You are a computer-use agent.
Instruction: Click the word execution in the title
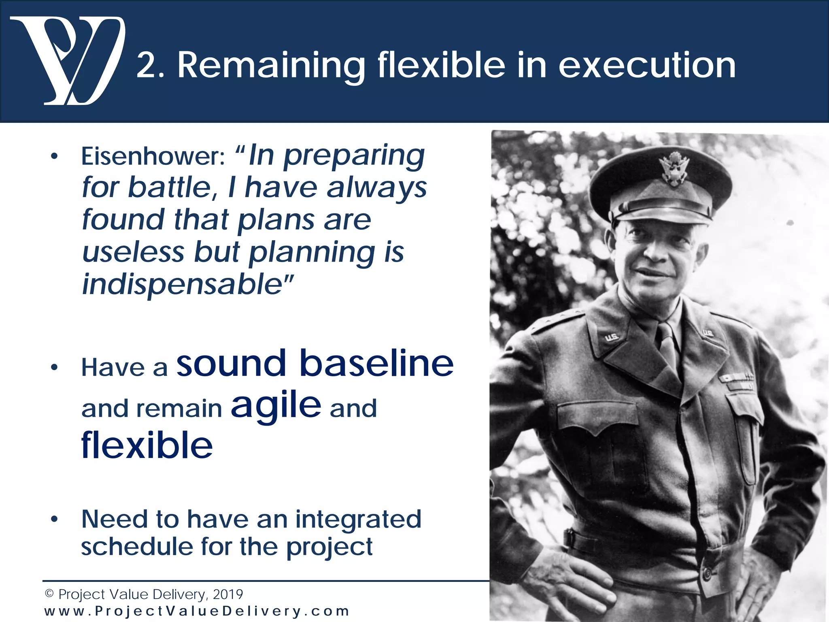(x=647, y=66)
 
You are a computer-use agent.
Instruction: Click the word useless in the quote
(x=133, y=252)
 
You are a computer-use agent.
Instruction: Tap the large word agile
(x=276, y=406)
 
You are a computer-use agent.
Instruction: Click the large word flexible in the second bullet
(x=147, y=445)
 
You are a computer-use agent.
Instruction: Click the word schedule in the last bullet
(x=137, y=547)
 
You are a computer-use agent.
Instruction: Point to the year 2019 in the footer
(x=227, y=594)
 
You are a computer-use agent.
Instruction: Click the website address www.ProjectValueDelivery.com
(x=197, y=611)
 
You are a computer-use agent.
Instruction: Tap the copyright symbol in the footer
(x=49, y=594)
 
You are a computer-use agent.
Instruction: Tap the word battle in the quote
(x=170, y=188)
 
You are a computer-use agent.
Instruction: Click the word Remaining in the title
(x=271, y=66)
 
